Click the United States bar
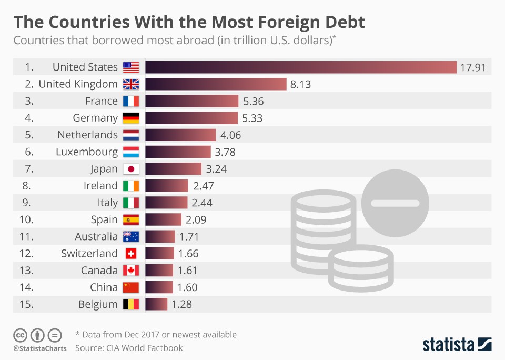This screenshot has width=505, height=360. (x=301, y=67)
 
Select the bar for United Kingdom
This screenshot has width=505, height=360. (x=216, y=84)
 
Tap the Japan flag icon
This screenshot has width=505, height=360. (x=130, y=169)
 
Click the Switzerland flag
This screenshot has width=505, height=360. (x=130, y=254)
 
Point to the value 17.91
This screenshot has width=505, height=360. (x=472, y=67)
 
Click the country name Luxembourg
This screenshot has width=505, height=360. (x=87, y=152)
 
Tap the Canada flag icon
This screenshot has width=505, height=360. (x=130, y=271)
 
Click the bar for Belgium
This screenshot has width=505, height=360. (x=156, y=304)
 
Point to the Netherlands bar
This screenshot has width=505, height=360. (x=180, y=135)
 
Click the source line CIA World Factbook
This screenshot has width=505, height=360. (x=129, y=348)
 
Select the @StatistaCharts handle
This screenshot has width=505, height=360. (x=40, y=348)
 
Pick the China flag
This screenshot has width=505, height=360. (x=130, y=287)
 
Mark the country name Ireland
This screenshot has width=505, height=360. (x=100, y=186)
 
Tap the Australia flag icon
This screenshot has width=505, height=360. (x=130, y=237)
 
